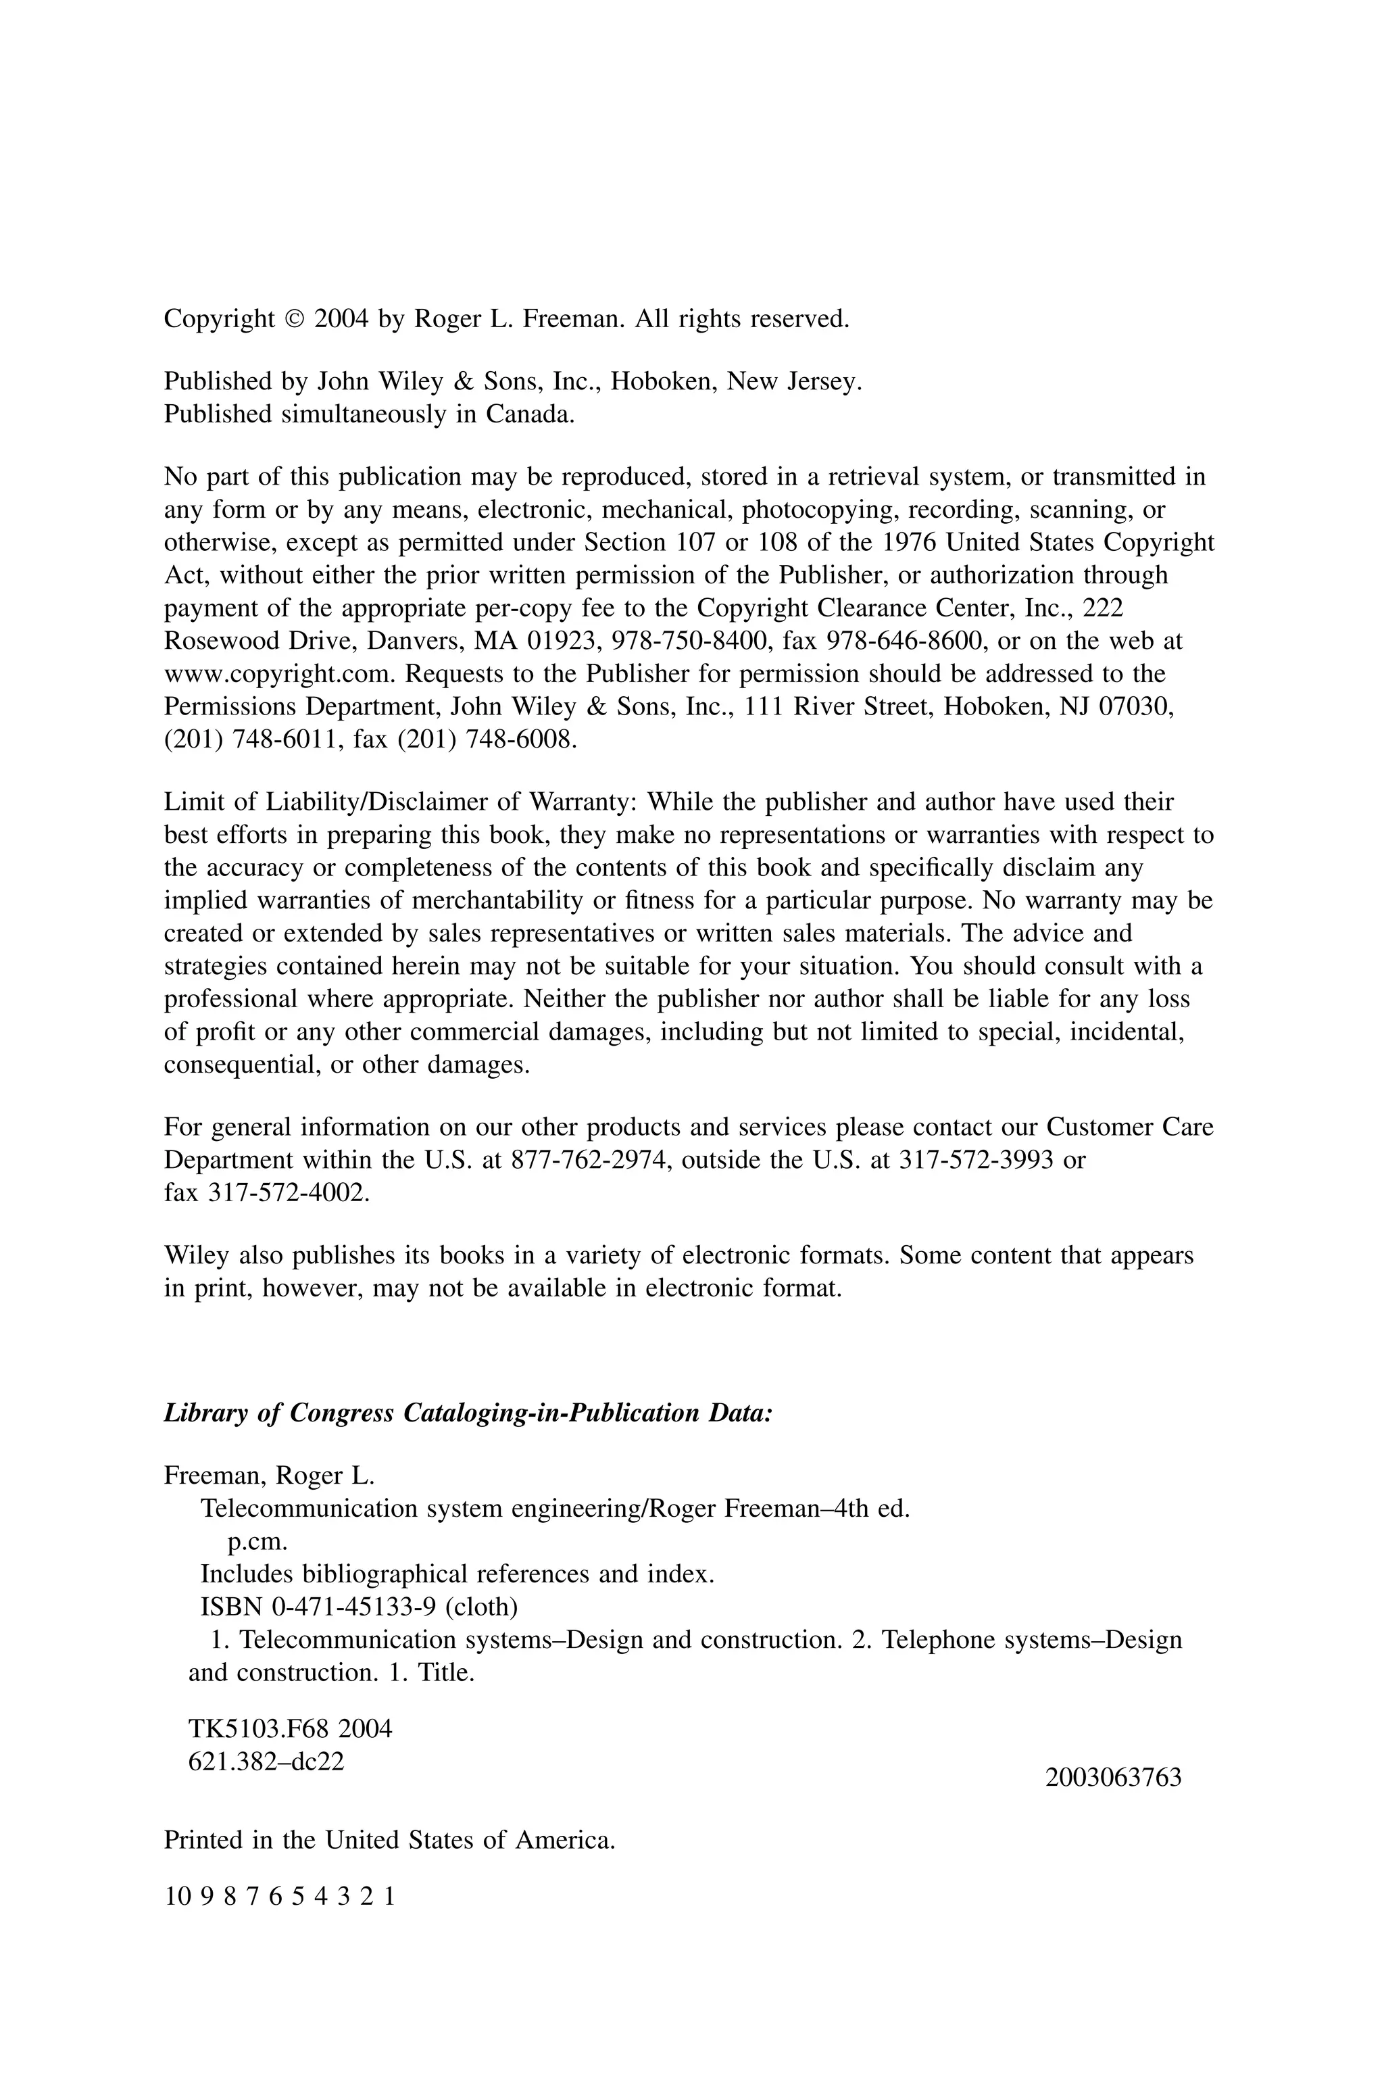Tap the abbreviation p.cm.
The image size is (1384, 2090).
(257, 1542)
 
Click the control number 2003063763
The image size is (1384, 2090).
(1113, 1778)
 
